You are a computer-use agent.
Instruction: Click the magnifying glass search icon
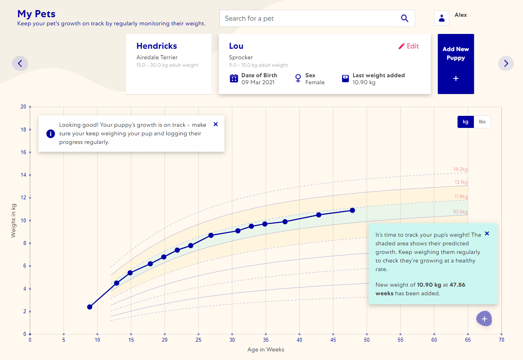(405, 18)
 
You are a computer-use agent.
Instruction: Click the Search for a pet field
(308, 18)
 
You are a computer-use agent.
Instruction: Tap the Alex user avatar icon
(442, 18)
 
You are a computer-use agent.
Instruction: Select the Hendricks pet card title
(157, 46)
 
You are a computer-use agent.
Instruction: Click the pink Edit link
(409, 46)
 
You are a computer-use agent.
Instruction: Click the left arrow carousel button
(20, 63)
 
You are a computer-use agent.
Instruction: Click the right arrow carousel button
(506, 63)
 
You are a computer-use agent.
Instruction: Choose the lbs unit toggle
(482, 122)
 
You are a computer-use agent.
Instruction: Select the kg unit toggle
(465, 122)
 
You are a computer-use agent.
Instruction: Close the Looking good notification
(216, 124)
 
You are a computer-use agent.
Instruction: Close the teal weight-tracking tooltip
(487, 234)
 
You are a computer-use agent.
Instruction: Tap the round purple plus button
(484, 319)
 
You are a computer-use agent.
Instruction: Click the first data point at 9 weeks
(90, 307)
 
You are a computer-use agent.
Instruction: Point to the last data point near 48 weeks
(352, 210)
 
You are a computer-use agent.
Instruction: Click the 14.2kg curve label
(460, 169)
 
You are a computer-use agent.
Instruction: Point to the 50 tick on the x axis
(367, 340)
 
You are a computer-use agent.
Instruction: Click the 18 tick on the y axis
(23, 129)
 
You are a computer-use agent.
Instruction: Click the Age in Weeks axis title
(266, 349)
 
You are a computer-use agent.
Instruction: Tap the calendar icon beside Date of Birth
(234, 78)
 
